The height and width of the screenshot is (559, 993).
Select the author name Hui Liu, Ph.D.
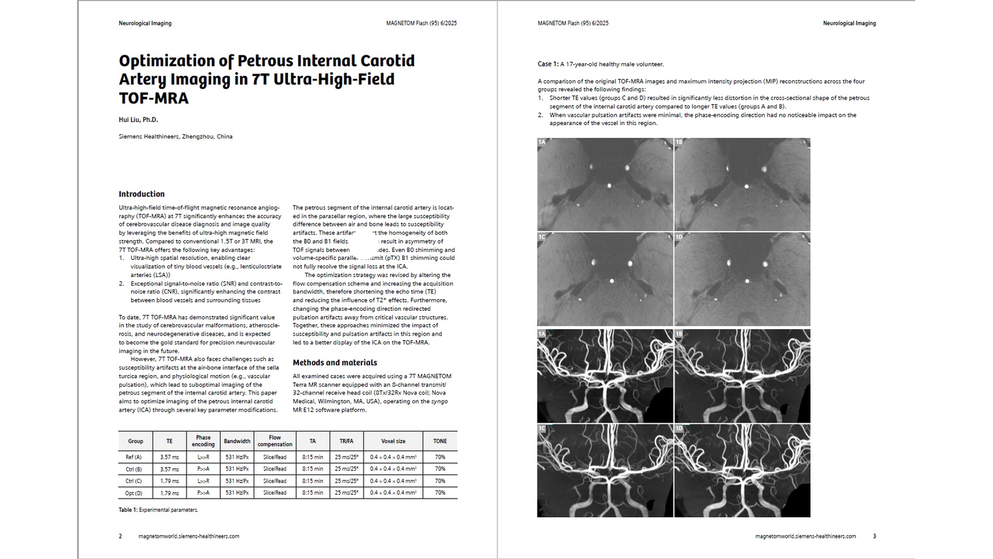[x=138, y=120]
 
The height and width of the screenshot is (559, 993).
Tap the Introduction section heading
[x=141, y=194]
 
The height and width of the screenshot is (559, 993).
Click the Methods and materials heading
[x=335, y=363]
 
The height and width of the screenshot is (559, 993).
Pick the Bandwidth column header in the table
[x=237, y=441]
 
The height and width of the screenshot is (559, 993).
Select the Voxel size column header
[x=393, y=441]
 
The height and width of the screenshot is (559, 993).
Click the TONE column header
[x=440, y=441]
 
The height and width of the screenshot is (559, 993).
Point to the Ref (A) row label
[x=134, y=457]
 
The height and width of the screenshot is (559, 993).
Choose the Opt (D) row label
[x=134, y=492]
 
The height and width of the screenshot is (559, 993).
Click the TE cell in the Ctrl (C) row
[x=169, y=481]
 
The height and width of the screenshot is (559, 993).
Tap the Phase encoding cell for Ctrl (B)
[x=203, y=469]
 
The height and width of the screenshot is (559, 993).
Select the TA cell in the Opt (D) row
[x=313, y=492]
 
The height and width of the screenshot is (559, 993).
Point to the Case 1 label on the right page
[x=547, y=64]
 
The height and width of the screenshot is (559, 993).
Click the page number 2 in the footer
[x=121, y=536]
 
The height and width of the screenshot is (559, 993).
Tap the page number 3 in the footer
[x=874, y=536]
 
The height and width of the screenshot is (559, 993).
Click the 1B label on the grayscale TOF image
[x=679, y=143]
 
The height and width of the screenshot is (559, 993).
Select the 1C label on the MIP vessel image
[x=542, y=429]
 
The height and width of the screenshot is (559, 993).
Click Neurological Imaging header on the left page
[x=145, y=23]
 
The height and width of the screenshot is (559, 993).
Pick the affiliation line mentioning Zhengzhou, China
[x=176, y=136]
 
